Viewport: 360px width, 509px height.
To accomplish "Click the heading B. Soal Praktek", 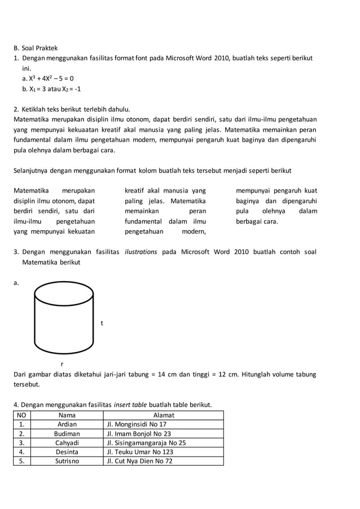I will pos(36,48).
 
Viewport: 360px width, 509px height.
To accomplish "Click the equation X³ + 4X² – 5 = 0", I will pos(48,78).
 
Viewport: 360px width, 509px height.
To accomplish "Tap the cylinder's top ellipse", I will pos(64,293).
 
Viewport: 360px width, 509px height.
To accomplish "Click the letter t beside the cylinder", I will pos(102,323).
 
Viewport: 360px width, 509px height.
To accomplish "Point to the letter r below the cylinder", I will pos(62,364).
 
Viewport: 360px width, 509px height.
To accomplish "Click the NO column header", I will pos(21,415).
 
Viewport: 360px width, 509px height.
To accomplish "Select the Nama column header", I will pos(67,415).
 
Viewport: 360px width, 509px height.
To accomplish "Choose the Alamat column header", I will pos(164,415).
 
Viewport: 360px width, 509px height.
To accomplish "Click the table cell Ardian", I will pos(67,424).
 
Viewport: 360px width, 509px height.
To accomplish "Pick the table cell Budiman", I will pos(67,433).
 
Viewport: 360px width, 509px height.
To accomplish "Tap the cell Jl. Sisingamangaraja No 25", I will pos(146,442).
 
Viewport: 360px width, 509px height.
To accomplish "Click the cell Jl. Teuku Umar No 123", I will pos(140,451).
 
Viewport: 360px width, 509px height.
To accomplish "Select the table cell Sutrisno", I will pos(67,460).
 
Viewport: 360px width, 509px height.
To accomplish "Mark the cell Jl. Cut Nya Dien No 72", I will pos(139,460).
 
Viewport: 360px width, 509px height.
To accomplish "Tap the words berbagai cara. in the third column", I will pos(257,221).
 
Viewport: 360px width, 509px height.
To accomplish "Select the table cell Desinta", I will pos(67,451).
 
